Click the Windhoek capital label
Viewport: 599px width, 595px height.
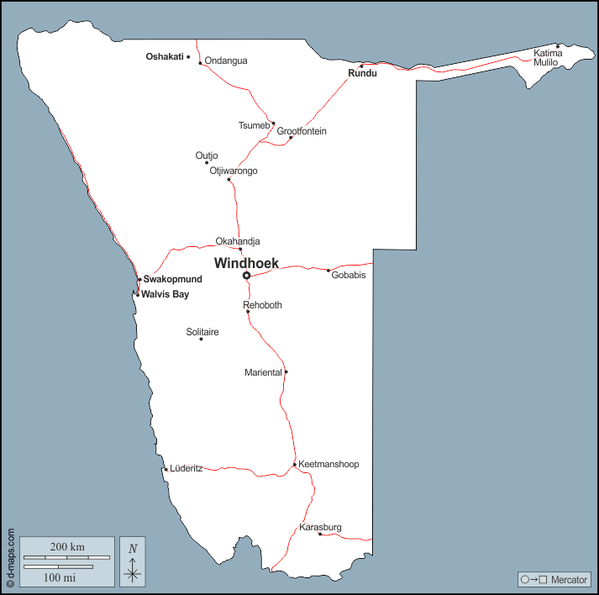pos(246,263)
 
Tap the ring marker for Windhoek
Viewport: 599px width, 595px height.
pos(246,276)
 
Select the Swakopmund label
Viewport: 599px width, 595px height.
pos(172,279)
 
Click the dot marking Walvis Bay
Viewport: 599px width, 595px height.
pos(137,294)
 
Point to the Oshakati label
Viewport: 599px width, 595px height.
pos(165,57)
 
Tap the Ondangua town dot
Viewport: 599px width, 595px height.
pos(200,62)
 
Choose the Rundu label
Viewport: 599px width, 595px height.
pos(362,73)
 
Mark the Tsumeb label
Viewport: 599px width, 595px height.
pos(254,126)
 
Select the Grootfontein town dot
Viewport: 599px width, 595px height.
pos(291,138)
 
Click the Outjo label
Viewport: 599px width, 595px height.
pos(207,155)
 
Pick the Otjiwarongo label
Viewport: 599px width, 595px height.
pos(234,171)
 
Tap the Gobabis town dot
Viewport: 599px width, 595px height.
pos(328,270)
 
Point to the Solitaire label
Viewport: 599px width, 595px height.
pos(202,332)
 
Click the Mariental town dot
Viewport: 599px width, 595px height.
pos(286,371)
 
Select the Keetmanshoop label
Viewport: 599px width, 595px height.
pos(328,464)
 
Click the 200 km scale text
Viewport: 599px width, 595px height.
pos(67,547)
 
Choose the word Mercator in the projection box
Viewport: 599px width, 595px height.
pos(568,580)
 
